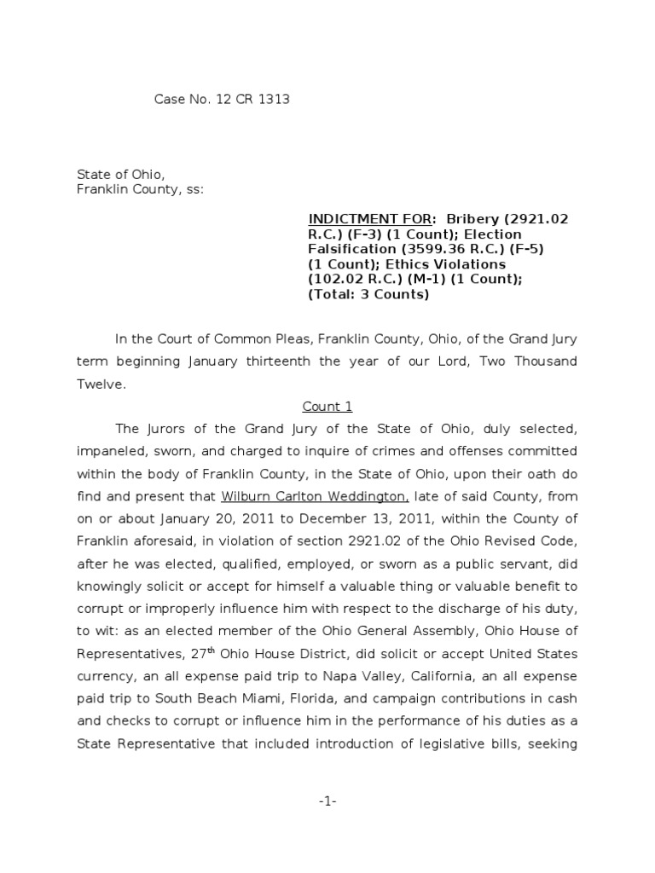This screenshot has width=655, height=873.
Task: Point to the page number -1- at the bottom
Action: [x=327, y=801]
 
